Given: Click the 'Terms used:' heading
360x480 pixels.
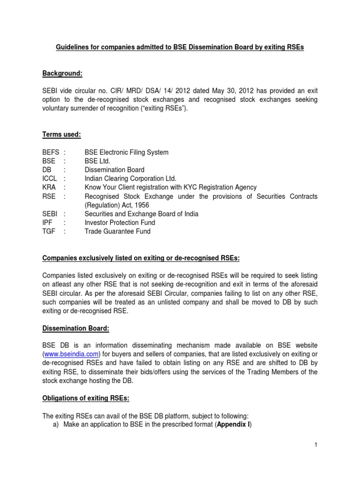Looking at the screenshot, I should click(x=61, y=135).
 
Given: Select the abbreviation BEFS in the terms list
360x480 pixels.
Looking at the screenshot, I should click(x=51, y=152).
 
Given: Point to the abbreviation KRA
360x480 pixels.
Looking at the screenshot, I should click(x=49, y=187).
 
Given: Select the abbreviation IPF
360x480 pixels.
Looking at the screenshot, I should click(x=48, y=223).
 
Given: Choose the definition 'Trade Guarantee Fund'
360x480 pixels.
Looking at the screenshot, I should click(x=118, y=231).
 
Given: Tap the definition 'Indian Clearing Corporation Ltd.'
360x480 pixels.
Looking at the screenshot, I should click(x=130, y=179).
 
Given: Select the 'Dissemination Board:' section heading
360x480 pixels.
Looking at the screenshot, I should click(x=75, y=329).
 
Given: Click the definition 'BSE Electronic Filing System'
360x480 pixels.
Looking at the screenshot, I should click(x=127, y=152).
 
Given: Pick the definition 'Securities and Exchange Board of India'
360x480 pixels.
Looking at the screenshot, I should click(x=142, y=214).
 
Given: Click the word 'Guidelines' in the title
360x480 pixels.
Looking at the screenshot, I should click(x=74, y=48).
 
